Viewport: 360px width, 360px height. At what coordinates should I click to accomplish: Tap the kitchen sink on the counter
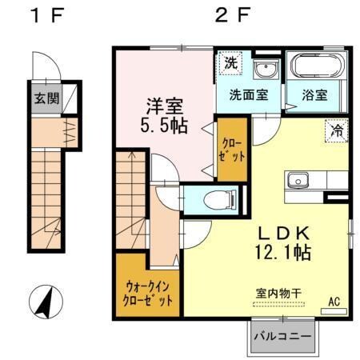point(299,179)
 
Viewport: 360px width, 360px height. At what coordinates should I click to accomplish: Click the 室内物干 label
point(278,294)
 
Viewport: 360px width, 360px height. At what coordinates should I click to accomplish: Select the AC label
point(335,302)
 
